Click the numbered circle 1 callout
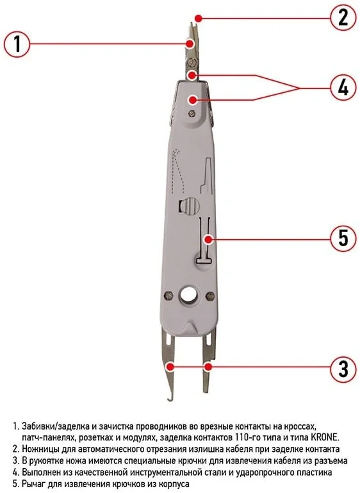pos(17,44)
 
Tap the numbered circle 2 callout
pos(343,17)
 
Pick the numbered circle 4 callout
pos(343,88)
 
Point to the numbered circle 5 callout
pos(343,238)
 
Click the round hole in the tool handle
pos(188,295)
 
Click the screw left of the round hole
pos(169,296)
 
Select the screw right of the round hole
pos(210,296)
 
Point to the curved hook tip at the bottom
pos(169,400)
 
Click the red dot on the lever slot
pos(208,239)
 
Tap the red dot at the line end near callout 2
pos(197,17)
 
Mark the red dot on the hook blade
pos(170,367)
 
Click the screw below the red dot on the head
pos(191,113)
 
